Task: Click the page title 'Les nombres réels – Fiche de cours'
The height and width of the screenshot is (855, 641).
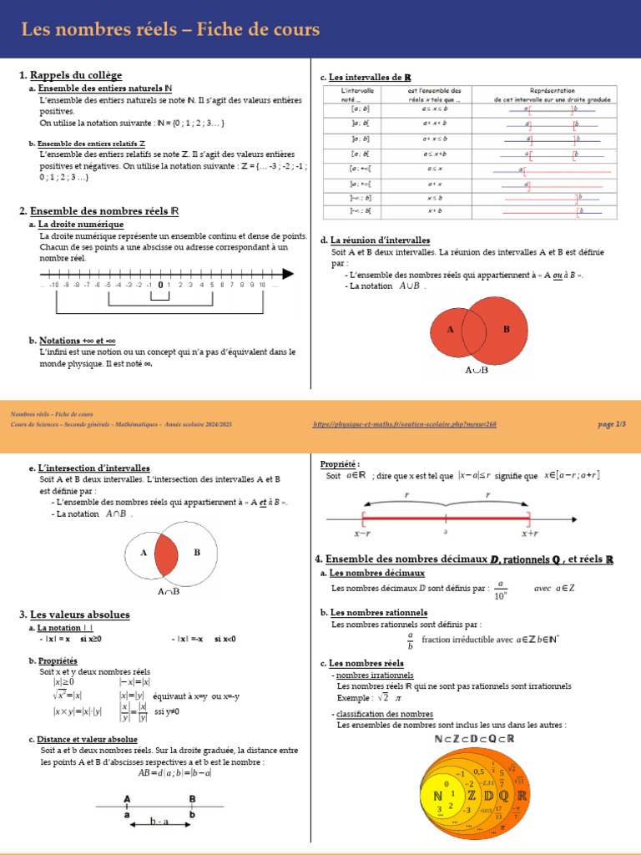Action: pos(170,30)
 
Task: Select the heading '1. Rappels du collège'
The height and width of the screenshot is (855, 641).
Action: pos(71,76)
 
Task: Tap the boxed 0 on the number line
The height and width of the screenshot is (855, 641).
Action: pos(159,285)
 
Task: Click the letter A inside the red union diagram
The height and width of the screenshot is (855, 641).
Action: pos(450,329)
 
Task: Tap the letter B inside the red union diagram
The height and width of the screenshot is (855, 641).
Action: pos(506,329)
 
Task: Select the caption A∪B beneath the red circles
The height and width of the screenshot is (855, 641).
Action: pos(476,369)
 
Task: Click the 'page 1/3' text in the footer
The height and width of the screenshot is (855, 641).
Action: pos(612,425)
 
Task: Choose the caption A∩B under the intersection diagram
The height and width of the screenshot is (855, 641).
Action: pos(169,591)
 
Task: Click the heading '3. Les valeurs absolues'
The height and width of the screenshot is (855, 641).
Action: pos(74,615)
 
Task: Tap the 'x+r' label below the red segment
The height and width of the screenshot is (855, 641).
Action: pos(529,532)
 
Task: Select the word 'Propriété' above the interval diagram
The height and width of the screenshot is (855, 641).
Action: pos(340,463)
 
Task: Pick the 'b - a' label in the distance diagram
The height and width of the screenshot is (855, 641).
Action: pos(160,822)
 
